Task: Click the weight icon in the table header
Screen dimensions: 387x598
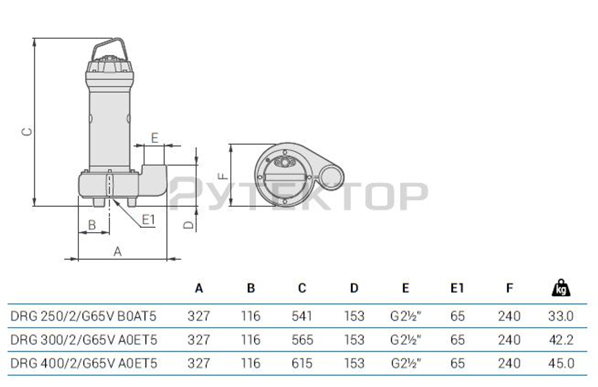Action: [560, 288]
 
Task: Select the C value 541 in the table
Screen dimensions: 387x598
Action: [302, 316]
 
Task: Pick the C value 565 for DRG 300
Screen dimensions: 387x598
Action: [302, 340]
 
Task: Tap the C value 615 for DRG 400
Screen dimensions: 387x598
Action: [302, 363]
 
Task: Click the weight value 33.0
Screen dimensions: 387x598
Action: [560, 316]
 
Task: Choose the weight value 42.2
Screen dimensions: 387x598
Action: [560, 340]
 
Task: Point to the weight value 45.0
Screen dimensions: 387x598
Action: [560, 363]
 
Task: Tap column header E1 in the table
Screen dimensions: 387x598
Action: [457, 288]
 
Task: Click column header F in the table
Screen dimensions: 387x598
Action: [509, 288]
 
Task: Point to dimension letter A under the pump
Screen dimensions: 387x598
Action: [118, 251]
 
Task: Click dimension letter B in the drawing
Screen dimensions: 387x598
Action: [92, 225]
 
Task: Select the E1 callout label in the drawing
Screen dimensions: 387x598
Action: [148, 220]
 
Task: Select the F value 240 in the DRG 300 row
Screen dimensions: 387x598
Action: [509, 340]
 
